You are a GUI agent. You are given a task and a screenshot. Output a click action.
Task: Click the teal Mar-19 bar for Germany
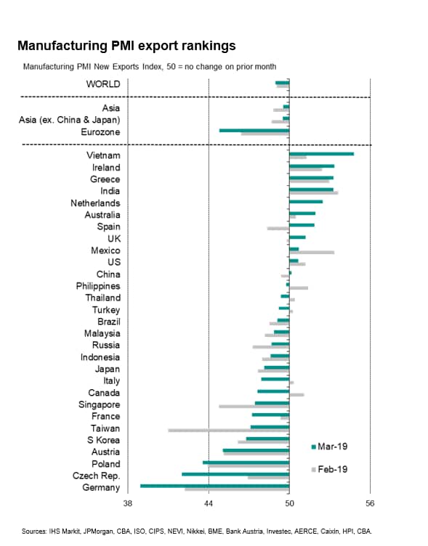coord(214,486)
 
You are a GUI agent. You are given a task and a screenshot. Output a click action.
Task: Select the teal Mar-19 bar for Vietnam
coord(321,154)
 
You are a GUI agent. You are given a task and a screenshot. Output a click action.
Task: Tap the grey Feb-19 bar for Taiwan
coord(229,431)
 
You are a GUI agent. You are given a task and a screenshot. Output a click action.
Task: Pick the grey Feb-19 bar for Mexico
coord(312,252)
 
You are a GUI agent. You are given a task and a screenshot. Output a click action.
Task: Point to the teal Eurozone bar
coord(254,131)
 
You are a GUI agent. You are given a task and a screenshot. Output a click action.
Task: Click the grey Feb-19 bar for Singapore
coord(254,407)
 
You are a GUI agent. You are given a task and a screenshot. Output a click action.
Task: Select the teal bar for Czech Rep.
coord(235,474)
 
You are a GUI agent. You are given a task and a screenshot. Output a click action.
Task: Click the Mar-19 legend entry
coord(329,447)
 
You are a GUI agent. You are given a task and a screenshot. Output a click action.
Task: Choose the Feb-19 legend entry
coord(329,469)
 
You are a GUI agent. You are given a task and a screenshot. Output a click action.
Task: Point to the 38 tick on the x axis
coord(128,503)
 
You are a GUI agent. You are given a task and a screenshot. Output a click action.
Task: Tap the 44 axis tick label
coord(209,503)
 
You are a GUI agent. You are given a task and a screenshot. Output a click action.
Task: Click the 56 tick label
coord(370,503)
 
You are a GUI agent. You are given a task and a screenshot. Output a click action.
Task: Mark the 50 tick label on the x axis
coord(289,503)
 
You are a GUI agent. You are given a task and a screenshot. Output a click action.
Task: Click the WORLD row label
coord(103,84)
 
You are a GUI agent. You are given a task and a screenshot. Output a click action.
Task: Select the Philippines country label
coord(98,286)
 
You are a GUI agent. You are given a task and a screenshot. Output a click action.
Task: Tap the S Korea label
coord(103,440)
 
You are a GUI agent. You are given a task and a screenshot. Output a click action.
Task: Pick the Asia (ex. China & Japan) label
coord(69,120)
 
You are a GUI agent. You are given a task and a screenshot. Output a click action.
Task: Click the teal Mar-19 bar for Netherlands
coord(306,202)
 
